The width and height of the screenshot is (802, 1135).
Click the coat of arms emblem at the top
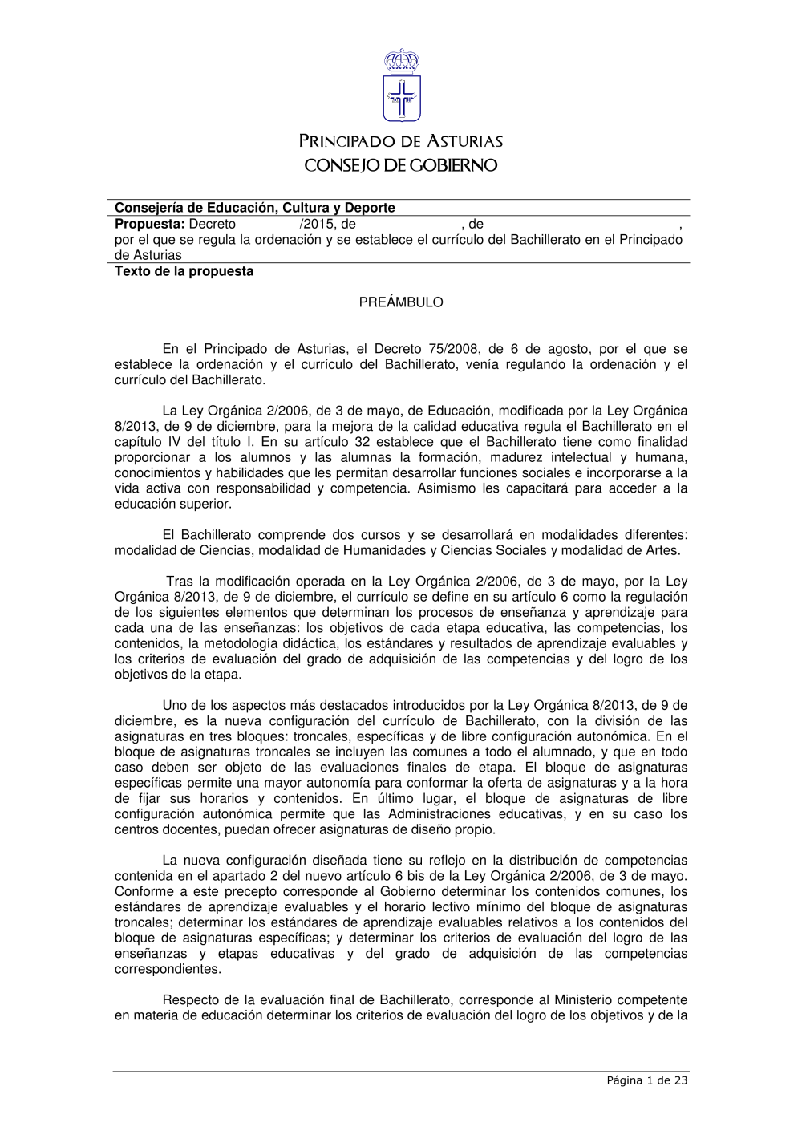(401, 87)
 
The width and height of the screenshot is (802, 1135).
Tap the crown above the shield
(401, 60)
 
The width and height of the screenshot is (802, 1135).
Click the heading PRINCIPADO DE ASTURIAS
(401, 142)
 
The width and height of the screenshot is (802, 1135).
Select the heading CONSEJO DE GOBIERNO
(401, 166)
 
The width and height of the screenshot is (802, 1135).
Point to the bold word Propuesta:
(150, 225)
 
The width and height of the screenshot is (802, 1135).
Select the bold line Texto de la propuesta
(184, 271)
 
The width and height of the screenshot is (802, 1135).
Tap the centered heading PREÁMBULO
(401, 302)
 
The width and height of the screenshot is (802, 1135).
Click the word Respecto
(191, 1000)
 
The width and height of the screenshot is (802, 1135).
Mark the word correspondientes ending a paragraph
(167, 969)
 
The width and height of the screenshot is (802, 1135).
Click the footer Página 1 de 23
(646, 1080)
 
